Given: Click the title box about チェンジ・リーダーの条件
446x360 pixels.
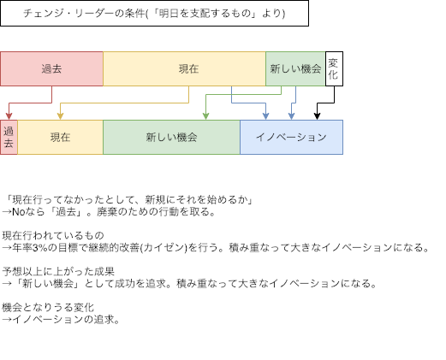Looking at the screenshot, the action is click(x=154, y=13).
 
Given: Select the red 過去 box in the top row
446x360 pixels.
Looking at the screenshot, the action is click(x=51, y=68).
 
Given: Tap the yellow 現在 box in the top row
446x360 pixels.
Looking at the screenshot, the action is click(x=184, y=68).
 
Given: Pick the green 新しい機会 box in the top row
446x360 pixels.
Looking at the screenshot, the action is click(x=295, y=68).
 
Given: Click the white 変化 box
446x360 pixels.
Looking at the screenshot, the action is click(x=334, y=68).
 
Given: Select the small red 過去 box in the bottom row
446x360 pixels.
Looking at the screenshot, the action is click(x=9, y=137).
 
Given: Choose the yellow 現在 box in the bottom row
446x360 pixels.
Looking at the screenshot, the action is click(x=60, y=137).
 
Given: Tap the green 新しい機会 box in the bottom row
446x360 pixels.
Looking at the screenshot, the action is click(x=171, y=137).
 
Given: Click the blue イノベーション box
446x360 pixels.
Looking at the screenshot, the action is click(x=291, y=137).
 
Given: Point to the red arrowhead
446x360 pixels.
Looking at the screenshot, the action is click(x=9, y=116).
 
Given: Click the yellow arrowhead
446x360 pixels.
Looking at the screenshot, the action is click(x=60, y=116).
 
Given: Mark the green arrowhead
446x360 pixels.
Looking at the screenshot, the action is click(x=205, y=116).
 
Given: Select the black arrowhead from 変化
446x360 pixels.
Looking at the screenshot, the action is click(x=317, y=116).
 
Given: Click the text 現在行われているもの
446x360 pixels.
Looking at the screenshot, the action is click(x=53, y=235).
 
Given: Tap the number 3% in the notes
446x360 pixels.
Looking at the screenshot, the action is click(x=40, y=247).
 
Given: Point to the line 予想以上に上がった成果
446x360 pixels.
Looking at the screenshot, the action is click(x=58, y=271).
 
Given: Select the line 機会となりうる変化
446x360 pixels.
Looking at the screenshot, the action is click(x=48, y=307).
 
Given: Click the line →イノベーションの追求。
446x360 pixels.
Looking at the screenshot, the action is click(x=61, y=319).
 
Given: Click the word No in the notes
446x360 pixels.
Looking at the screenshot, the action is click(x=19, y=212).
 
